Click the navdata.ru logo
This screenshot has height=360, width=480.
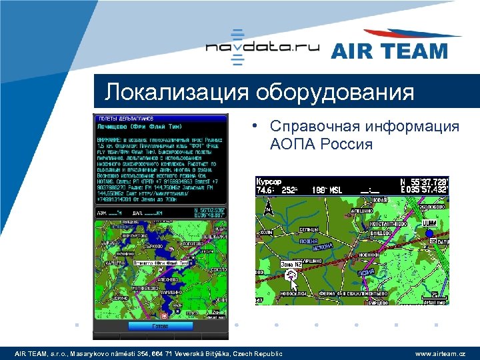pos(262,47)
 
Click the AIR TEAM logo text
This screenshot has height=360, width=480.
pos(389,51)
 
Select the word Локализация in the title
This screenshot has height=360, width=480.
pos(174,92)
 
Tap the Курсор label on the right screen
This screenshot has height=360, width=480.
pos(269,181)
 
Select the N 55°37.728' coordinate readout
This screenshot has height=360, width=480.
pos(423,181)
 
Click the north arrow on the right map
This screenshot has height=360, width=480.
pos(269,209)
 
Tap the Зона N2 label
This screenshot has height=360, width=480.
pos(291,265)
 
